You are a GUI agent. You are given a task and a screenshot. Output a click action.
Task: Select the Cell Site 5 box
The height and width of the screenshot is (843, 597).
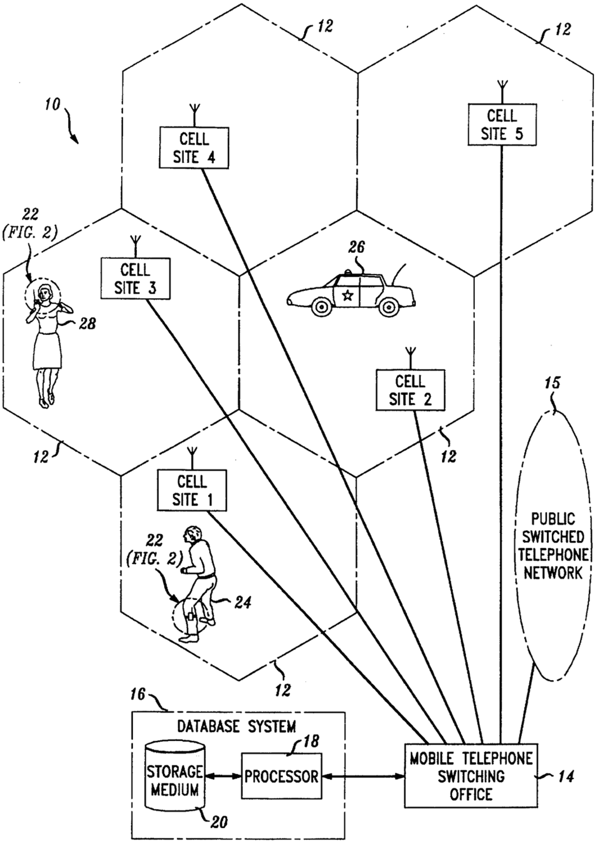coord(502,124)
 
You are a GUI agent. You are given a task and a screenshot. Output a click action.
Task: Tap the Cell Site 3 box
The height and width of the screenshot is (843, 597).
coord(135,278)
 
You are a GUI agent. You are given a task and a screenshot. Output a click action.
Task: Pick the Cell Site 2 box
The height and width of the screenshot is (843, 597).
coord(410,390)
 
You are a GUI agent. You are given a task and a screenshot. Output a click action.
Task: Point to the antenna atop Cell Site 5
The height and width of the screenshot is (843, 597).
coord(502,92)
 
